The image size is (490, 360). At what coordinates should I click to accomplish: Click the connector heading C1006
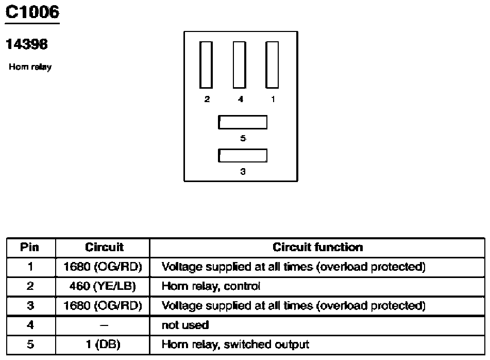(32, 12)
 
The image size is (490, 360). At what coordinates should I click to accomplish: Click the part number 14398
(27, 44)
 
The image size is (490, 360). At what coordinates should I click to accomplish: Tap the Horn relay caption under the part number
(30, 67)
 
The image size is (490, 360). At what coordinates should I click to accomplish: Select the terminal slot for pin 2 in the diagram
(206, 65)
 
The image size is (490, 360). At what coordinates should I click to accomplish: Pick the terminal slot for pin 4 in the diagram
(240, 65)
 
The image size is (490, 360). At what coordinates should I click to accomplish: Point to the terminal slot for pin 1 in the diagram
(272, 65)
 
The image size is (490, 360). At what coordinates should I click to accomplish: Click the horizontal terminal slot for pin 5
(243, 122)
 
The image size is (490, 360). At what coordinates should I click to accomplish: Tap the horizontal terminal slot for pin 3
(243, 155)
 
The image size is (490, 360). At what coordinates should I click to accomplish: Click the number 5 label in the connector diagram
(243, 138)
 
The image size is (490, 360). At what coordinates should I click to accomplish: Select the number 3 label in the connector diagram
(243, 171)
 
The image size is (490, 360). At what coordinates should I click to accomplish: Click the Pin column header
(30, 247)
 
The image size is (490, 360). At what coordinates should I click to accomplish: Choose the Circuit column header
(105, 247)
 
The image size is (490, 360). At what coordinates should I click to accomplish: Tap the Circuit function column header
(318, 247)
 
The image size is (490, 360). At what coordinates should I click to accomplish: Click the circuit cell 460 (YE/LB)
(103, 286)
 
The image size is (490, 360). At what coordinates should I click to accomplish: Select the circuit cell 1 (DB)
(103, 345)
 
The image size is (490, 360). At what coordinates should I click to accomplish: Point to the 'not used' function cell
(185, 325)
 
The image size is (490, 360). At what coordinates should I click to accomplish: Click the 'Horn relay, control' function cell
(211, 286)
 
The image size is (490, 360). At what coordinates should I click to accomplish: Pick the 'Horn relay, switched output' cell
(235, 345)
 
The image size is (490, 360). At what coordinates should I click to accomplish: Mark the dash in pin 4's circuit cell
(104, 325)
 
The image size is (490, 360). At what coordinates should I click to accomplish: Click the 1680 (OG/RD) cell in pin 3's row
(103, 305)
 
